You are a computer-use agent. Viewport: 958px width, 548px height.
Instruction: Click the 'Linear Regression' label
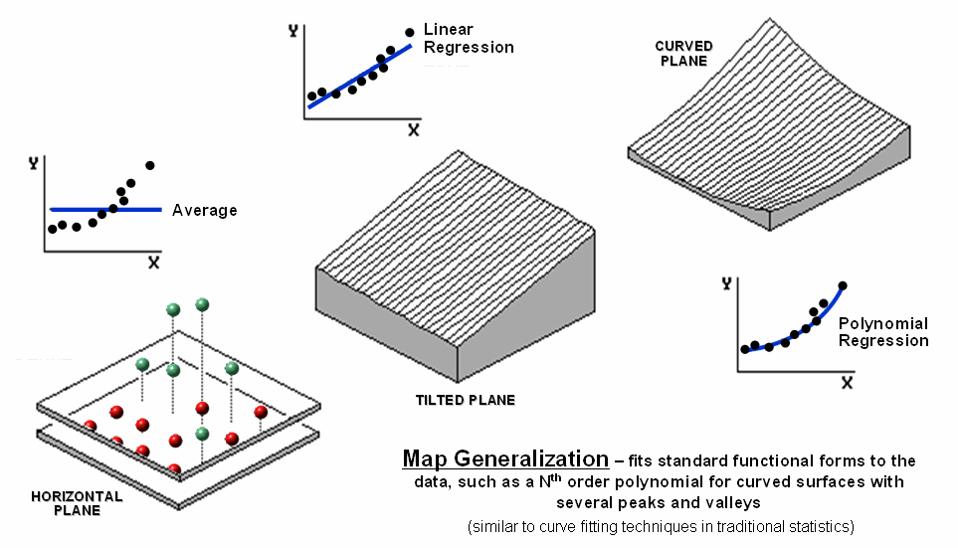[x=469, y=39]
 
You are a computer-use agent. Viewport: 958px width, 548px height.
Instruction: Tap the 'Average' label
[x=204, y=211]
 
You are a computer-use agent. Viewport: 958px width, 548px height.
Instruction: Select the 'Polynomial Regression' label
[x=882, y=332]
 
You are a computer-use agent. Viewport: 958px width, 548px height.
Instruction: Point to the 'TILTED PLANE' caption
[x=466, y=401]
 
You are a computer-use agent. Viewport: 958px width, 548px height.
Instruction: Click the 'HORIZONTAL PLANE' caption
[x=78, y=503]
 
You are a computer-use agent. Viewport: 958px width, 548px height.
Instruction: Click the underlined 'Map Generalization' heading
[x=505, y=459]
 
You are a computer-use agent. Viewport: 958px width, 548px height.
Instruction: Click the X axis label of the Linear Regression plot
[x=413, y=130]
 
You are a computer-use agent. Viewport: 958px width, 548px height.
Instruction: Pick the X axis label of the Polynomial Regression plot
[x=847, y=382]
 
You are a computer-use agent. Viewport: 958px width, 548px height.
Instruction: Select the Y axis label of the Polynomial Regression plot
[x=726, y=284]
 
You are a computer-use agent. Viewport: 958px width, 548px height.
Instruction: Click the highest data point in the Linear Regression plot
[x=410, y=32]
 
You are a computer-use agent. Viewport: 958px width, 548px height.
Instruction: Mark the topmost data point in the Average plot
[x=150, y=165]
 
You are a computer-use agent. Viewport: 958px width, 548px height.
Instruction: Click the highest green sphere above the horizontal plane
[x=202, y=304]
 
